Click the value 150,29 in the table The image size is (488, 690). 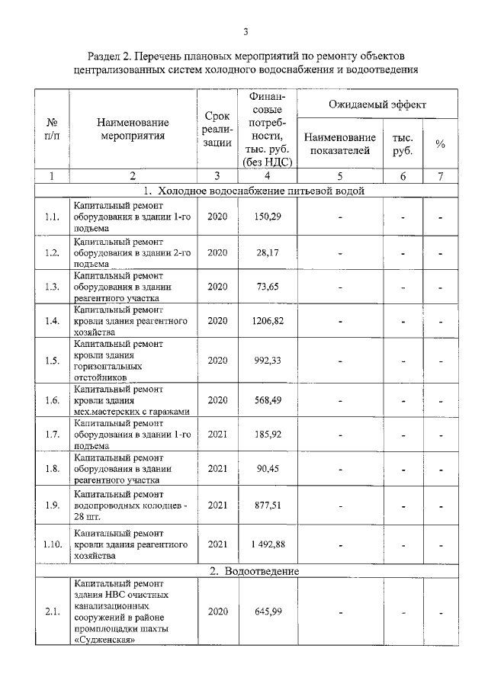click(x=268, y=217)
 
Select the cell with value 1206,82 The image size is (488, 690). click(x=268, y=321)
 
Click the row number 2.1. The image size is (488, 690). click(x=52, y=611)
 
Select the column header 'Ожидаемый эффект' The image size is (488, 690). click(x=377, y=104)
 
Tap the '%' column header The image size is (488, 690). click(x=440, y=144)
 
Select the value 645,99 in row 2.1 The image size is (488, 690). click(x=268, y=611)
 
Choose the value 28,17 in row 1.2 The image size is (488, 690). click(x=268, y=252)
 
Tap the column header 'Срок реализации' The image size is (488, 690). click(x=217, y=129)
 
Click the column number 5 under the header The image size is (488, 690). click(x=339, y=175)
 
